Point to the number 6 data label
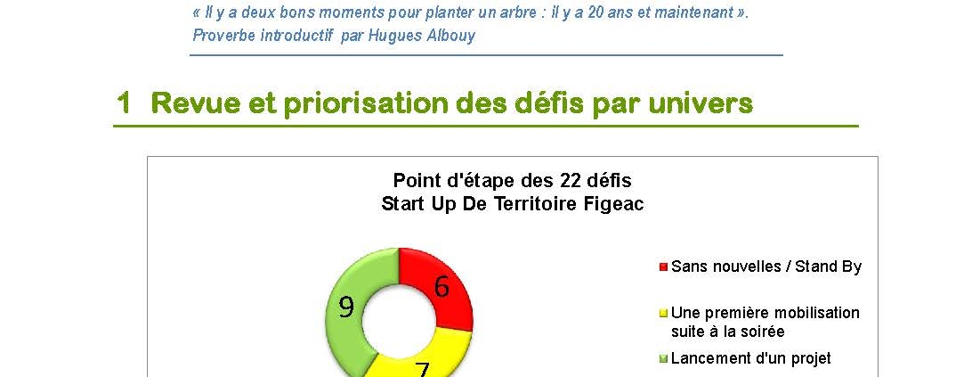click(x=441, y=287)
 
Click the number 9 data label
click(x=346, y=307)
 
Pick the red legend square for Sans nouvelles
click(x=663, y=267)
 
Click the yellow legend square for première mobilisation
click(x=663, y=313)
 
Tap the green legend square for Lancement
click(x=663, y=359)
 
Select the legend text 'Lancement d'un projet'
click(x=751, y=358)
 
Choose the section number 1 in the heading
click(x=125, y=103)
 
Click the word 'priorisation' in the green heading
click(x=366, y=103)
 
